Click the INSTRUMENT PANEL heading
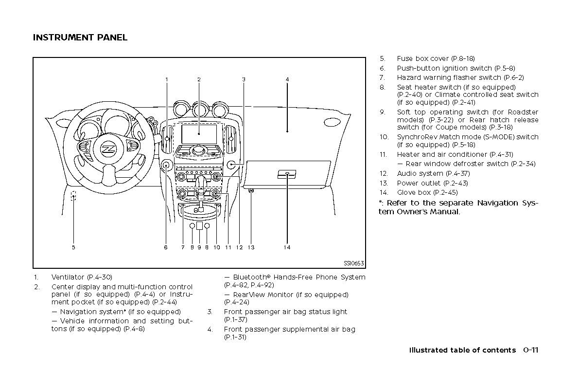tap(80, 37)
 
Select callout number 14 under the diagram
tap(287, 247)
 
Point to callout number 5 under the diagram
tap(73, 247)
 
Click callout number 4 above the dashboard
tap(287, 79)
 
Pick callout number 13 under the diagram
tap(251, 247)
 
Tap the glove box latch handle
tap(287, 174)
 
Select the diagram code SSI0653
tap(353, 263)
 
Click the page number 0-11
tap(532, 350)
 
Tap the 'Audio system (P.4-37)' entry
tap(427, 173)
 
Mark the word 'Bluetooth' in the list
tap(251, 277)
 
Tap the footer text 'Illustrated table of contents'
tap(462, 350)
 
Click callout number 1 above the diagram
tap(166, 79)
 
